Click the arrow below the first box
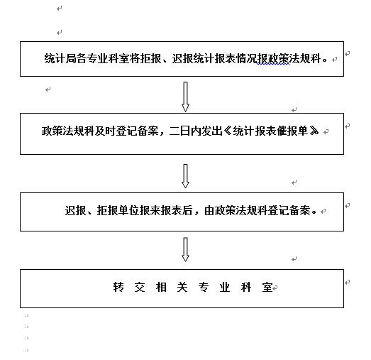tap(186, 97)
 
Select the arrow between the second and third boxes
tap(186, 176)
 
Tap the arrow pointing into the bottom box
tap(186, 250)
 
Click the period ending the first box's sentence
tap(325, 60)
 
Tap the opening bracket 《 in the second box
tap(228, 131)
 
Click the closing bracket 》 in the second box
tap(314, 131)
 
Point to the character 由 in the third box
tap(209, 210)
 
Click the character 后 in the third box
tap(188, 210)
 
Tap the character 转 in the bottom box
tap(118, 288)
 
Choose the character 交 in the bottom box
tap(140, 288)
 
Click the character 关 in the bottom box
tap(182, 288)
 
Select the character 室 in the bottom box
tap(267, 288)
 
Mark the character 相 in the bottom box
tap(161, 288)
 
